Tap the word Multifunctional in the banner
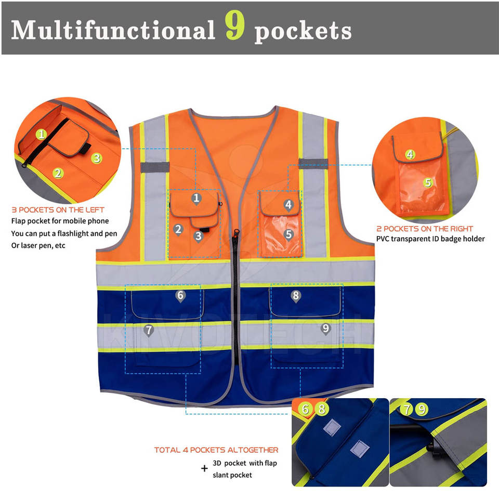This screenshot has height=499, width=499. pyautogui.click(x=113, y=30)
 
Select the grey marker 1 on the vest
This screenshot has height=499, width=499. pyautogui.click(x=196, y=199)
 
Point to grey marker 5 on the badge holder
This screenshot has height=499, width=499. pyautogui.click(x=288, y=234)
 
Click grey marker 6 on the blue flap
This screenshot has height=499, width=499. pyautogui.click(x=180, y=296)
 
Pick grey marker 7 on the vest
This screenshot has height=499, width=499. pyautogui.click(x=149, y=331)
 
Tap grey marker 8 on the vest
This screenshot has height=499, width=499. pyautogui.click(x=296, y=296)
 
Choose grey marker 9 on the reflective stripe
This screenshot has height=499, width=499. pyautogui.click(x=325, y=329)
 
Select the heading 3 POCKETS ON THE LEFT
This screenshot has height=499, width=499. pyautogui.click(x=58, y=209)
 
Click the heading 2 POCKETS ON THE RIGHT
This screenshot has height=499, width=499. pyautogui.click(x=425, y=229)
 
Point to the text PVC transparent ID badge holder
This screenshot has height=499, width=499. pyautogui.click(x=430, y=239)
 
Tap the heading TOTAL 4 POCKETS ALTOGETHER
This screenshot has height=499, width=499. pyautogui.click(x=216, y=450)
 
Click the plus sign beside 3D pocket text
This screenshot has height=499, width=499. pyautogui.click(x=205, y=468)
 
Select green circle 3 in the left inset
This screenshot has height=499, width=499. pyautogui.click(x=97, y=158)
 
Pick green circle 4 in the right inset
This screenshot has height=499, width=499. pyautogui.click(x=410, y=154)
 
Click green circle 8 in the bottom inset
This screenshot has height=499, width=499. pyautogui.click(x=322, y=409)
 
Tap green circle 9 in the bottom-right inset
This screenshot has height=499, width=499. pyautogui.click(x=422, y=409)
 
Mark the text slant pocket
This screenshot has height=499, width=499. pyautogui.click(x=232, y=475)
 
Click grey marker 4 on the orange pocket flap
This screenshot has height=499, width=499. pyautogui.click(x=288, y=205)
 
